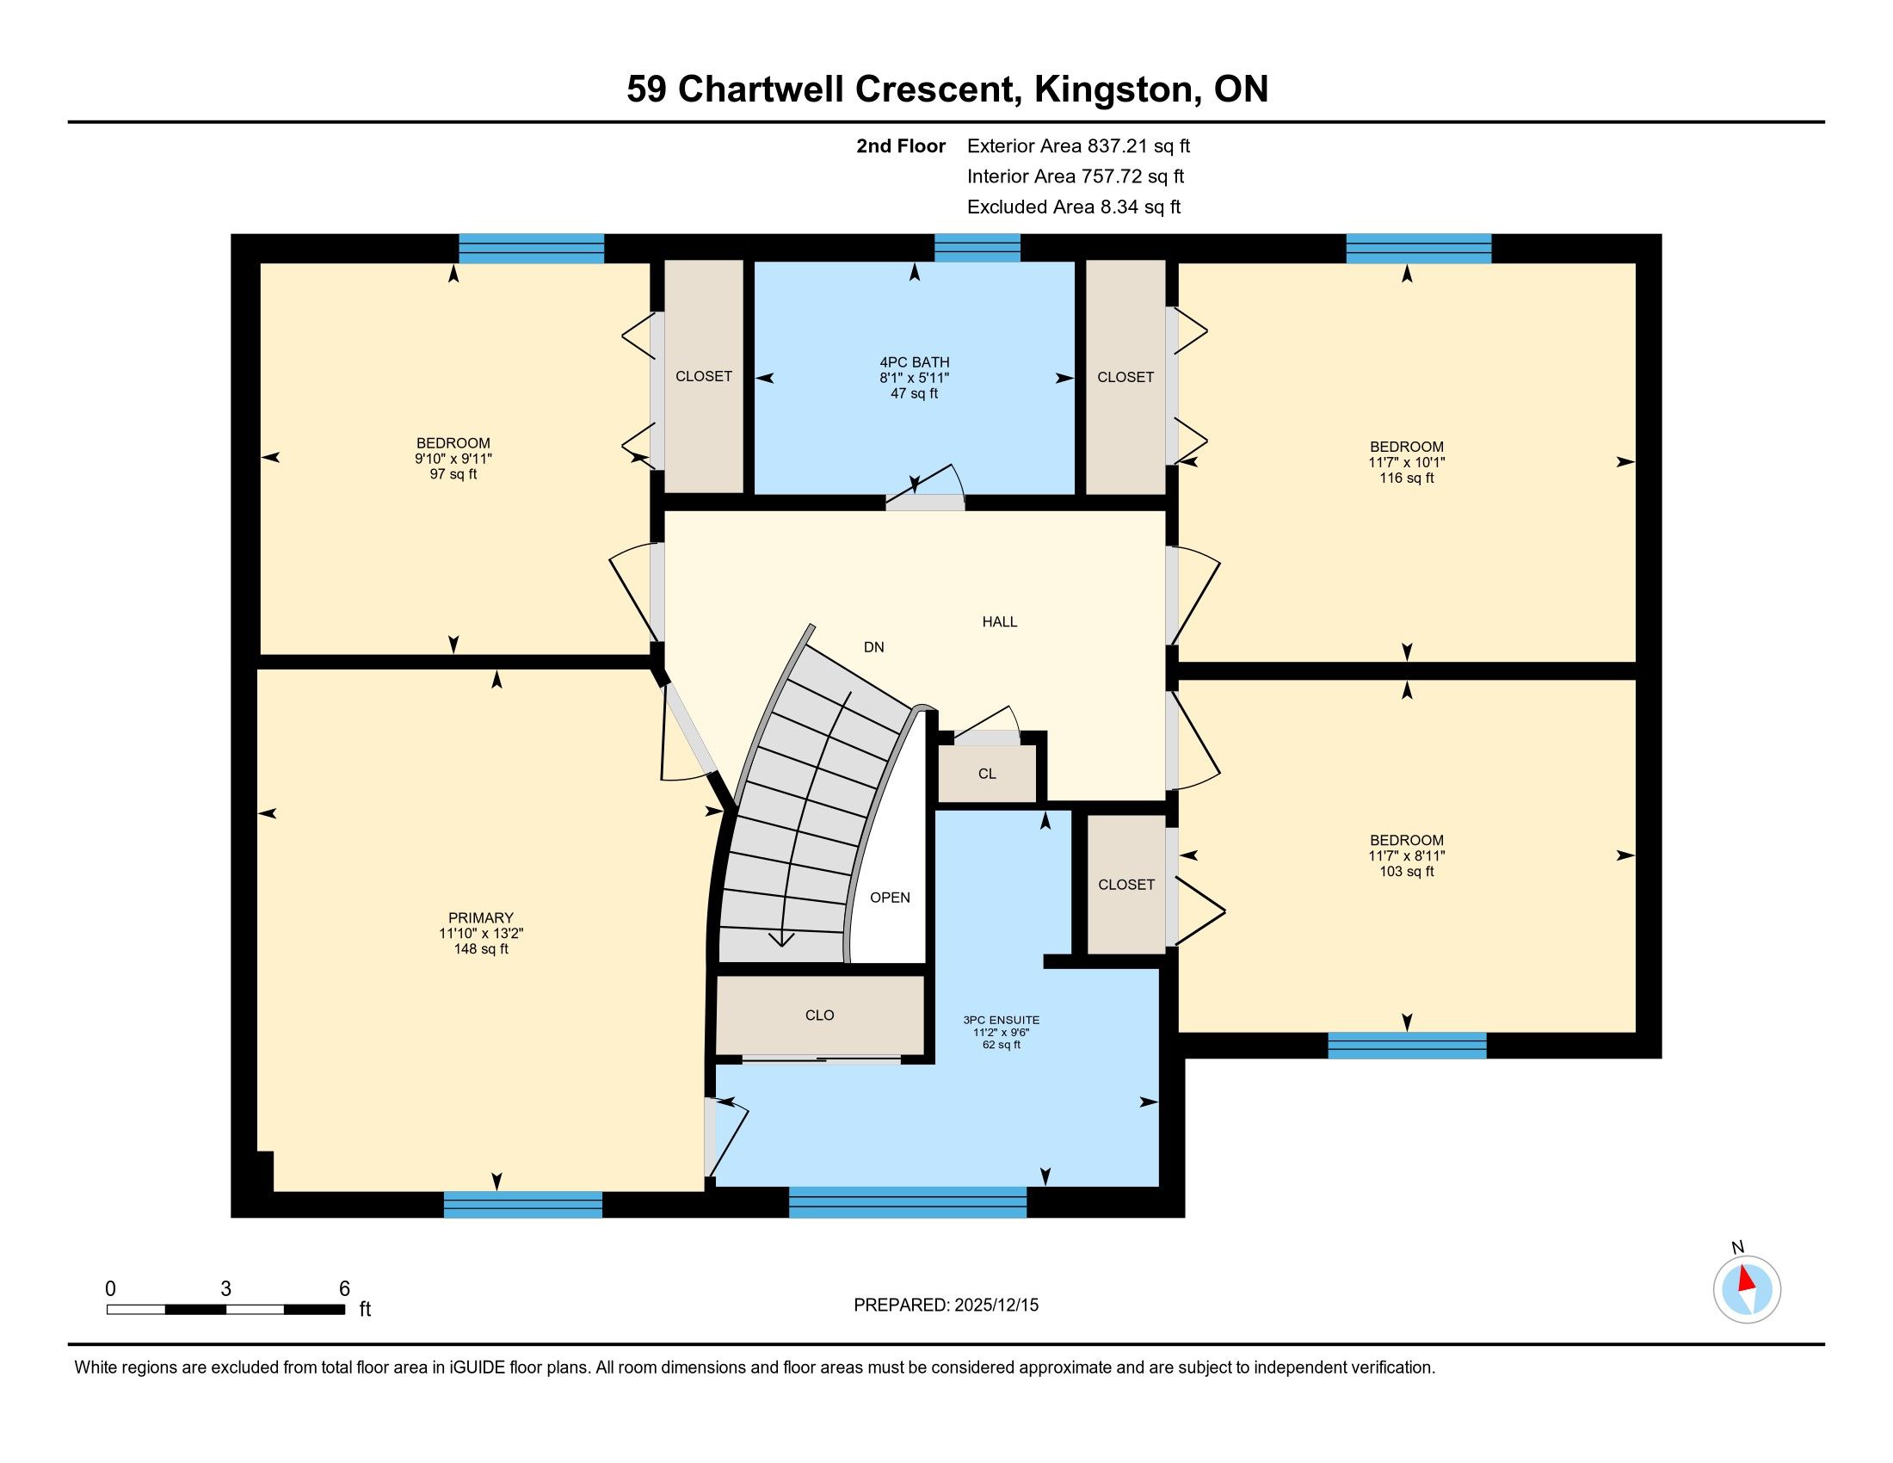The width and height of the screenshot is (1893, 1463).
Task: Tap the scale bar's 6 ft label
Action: [x=344, y=1289]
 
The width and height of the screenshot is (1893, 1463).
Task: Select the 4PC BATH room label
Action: [x=915, y=362]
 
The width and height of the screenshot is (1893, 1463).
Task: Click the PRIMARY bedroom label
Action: [x=481, y=918]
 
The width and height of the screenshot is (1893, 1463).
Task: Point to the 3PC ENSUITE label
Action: [x=1001, y=1020]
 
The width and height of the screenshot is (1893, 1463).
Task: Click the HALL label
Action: [x=999, y=621]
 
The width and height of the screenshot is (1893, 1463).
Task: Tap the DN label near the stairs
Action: [x=873, y=647]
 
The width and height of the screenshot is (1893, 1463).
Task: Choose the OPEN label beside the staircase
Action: [x=891, y=898]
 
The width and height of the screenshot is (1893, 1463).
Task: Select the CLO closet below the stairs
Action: [x=820, y=1015]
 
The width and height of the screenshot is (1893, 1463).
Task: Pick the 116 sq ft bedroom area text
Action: [x=1407, y=478]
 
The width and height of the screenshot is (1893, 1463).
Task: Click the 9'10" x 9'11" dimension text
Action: [x=453, y=459]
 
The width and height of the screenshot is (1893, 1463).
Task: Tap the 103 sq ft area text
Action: [x=1407, y=872]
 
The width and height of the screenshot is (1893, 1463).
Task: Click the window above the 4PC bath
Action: [x=977, y=248]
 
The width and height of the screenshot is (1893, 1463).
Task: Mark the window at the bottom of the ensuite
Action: [x=908, y=1202]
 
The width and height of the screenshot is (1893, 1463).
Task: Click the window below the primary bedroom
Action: [x=522, y=1205]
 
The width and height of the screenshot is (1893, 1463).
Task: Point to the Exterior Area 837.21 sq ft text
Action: [x=1078, y=146]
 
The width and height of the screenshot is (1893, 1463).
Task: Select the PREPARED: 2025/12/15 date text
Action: [x=946, y=1306]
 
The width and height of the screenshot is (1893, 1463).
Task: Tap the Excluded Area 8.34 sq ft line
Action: [x=1074, y=207]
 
